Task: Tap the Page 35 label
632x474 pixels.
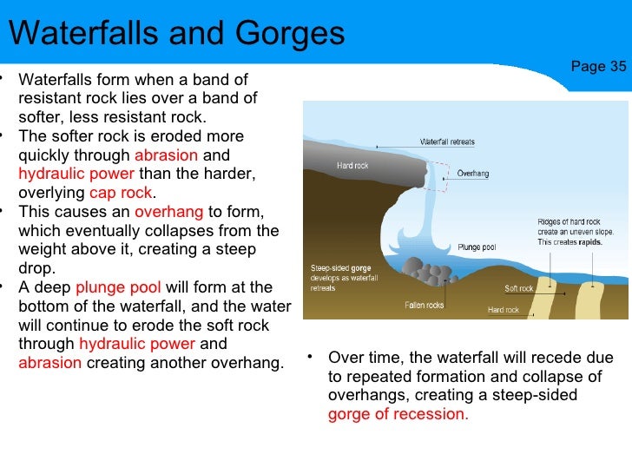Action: pyautogui.click(x=598, y=67)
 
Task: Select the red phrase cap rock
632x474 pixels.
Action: pyautogui.click(x=121, y=193)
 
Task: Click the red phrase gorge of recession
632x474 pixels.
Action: pyautogui.click(x=398, y=413)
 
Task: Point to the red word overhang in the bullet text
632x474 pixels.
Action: pyautogui.click(x=169, y=212)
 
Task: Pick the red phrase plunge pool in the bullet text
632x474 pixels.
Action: pyautogui.click(x=118, y=287)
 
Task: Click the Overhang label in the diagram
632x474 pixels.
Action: pyautogui.click(x=472, y=174)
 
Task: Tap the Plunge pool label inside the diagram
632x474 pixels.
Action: pyautogui.click(x=477, y=246)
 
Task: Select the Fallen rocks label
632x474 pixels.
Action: pyautogui.click(x=424, y=305)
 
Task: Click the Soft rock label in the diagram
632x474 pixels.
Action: pyautogui.click(x=519, y=288)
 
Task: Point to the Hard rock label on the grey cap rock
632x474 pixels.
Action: pyautogui.click(x=352, y=165)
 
